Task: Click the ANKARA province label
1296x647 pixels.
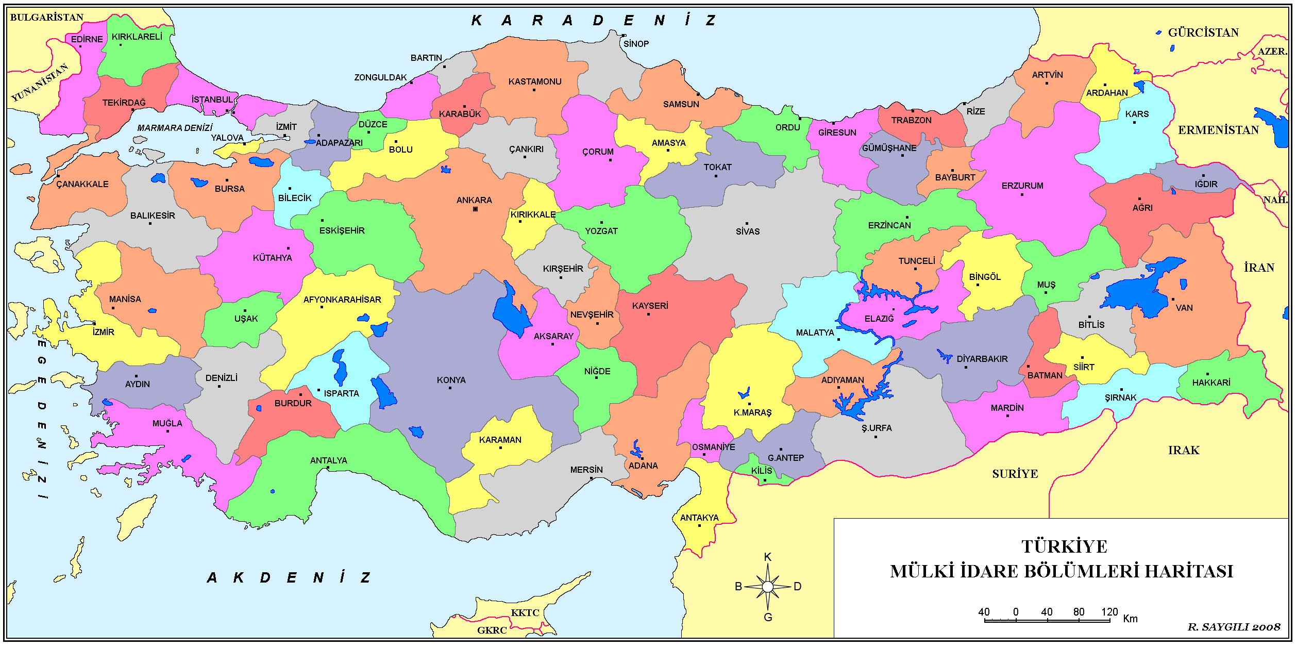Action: (474, 200)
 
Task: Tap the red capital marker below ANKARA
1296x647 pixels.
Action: (475, 209)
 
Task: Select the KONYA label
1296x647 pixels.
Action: (451, 380)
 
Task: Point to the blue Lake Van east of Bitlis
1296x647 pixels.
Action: (1139, 294)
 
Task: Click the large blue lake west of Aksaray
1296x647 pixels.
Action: (511, 312)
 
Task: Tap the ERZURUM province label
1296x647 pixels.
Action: (1022, 186)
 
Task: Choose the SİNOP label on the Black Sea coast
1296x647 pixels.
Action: (636, 44)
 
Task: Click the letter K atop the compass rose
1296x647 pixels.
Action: (768, 557)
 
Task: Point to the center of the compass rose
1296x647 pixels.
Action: (768, 587)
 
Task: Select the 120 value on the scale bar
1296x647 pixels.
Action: (1109, 612)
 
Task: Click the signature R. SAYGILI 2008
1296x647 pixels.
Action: (1234, 627)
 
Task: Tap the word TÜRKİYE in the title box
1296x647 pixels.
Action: (1064, 547)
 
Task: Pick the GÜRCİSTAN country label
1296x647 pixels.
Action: (1203, 32)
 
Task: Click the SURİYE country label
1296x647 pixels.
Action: (1015, 474)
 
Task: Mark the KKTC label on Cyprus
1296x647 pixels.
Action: (525, 612)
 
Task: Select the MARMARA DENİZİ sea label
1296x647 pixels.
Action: (175, 127)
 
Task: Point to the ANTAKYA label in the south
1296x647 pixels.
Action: (699, 518)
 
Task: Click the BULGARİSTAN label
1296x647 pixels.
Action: (46, 17)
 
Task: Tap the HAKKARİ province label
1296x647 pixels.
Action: (1211, 383)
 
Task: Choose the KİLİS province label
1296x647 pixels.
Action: (761, 471)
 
